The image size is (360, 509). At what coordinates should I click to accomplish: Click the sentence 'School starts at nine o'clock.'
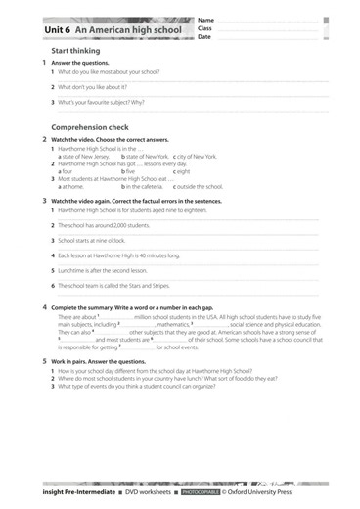96,240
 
